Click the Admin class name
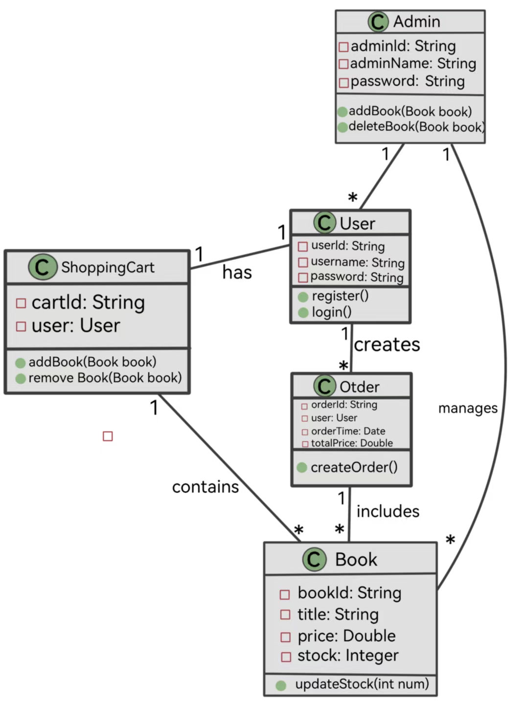coord(416,22)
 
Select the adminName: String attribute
coord(413,64)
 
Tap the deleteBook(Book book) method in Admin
coord(416,127)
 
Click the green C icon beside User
coord(324,223)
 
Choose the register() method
coord(340,296)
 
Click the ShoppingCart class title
coord(107,267)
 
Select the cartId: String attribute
coord(88,302)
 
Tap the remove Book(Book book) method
coord(105,378)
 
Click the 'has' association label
coord(237,273)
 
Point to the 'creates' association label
coord(387,345)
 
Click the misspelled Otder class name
coord(359,387)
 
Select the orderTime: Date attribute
coord(348,431)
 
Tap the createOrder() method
coord(354,467)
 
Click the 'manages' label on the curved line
coord(467,408)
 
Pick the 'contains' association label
coord(206,487)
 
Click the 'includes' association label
coord(388,511)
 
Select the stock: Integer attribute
coord(347,656)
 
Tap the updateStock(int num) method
coord(362,684)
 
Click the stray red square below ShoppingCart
coord(108,436)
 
